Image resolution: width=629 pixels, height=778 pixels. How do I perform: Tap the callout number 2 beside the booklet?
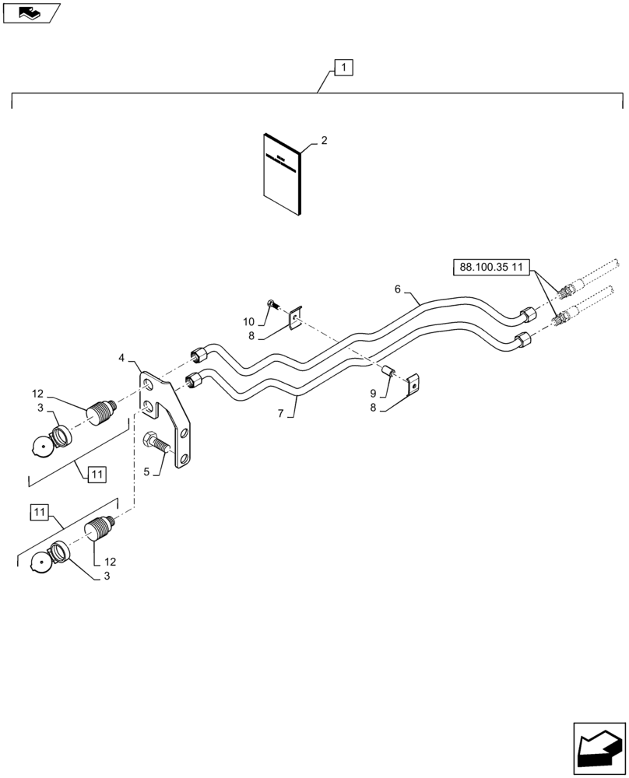pos(324,141)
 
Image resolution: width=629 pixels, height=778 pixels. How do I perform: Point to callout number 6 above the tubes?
pos(398,289)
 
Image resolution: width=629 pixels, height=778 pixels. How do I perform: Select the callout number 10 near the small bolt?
pos(248,321)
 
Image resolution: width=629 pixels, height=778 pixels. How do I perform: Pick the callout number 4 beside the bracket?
pos(121,358)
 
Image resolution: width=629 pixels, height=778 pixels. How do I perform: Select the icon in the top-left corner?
pos(31,12)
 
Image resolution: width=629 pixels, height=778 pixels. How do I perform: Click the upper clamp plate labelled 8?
pos(295,320)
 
